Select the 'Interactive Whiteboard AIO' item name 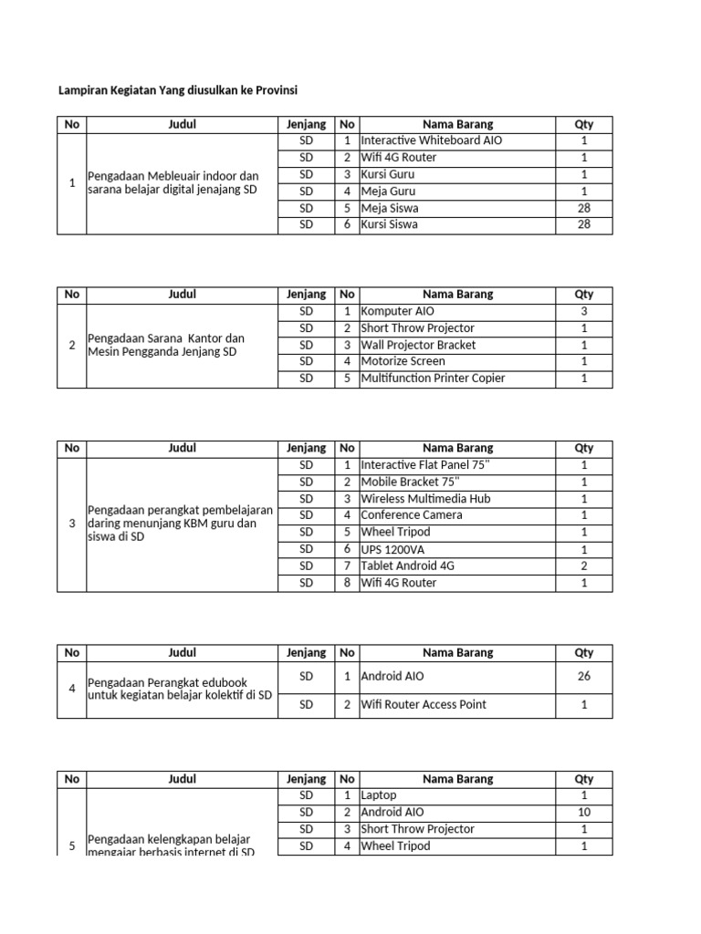[x=431, y=140]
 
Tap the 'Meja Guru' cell [x=388, y=191]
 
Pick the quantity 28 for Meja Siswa [x=583, y=208]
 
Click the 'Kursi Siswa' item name [x=390, y=224]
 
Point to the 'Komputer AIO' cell [x=398, y=311]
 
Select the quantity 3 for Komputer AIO [x=583, y=311]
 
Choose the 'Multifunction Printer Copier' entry [x=433, y=378]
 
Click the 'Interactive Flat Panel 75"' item [x=424, y=464]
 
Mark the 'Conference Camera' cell [x=411, y=514]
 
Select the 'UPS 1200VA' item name [x=392, y=548]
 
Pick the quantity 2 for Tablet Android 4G [x=583, y=566]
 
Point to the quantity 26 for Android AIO [x=583, y=677]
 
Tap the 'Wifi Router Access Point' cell [x=424, y=704]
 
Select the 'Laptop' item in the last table [x=379, y=795]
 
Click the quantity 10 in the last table [x=583, y=812]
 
